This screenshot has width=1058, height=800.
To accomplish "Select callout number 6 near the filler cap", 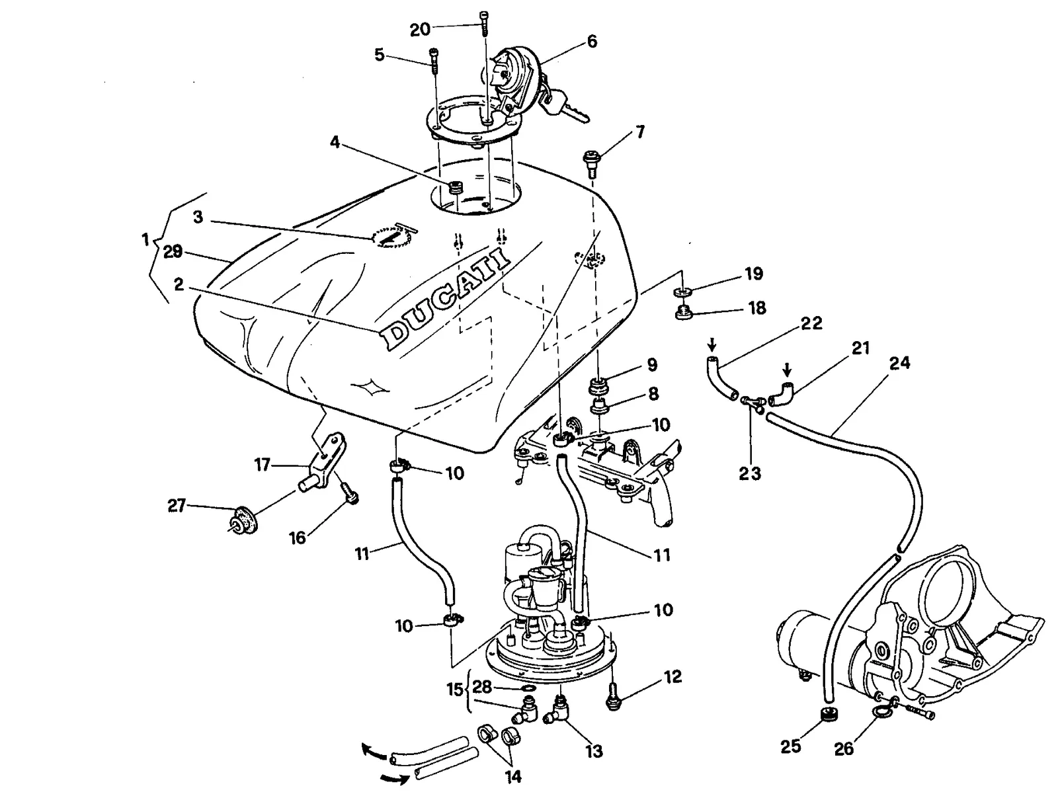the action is point(592,42).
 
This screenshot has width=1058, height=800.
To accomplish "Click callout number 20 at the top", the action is point(420,30).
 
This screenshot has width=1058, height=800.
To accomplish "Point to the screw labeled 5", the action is point(434,61).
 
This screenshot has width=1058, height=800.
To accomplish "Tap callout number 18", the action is point(756,308).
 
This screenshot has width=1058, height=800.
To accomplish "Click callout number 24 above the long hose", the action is point(899,363).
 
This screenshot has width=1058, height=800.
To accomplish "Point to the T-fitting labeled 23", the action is point(751,403).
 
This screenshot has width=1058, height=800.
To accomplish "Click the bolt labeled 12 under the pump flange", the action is point(612,696).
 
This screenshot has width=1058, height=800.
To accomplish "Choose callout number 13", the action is point(594,751).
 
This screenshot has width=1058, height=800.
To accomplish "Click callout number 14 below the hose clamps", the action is point(514,776).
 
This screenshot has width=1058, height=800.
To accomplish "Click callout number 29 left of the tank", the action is point(173,251).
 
